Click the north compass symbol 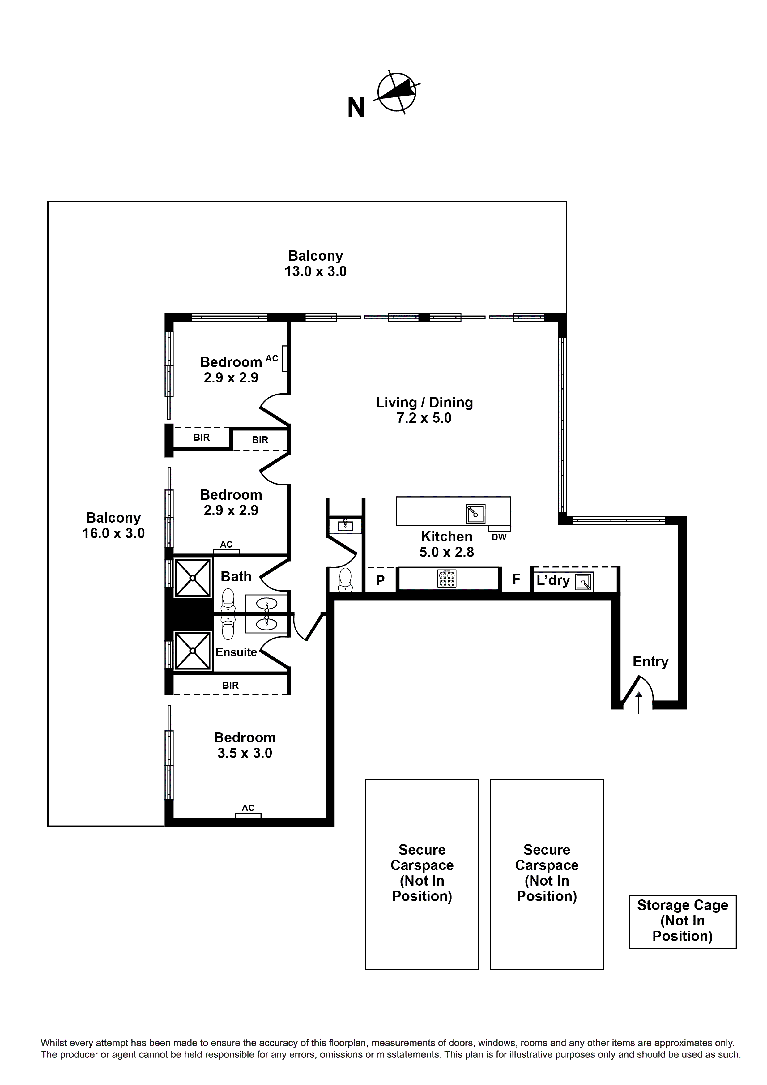[x=397, y=93]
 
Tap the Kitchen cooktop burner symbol [x=447, y=579]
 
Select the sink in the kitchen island [x=475, y=514]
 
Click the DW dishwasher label [x=499, y=537]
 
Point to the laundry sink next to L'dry [x=584, y=582]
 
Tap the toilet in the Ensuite [x=228, y=628]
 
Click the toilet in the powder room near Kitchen [x=345, y=579]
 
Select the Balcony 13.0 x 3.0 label [x=315, y=264]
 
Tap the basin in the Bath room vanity [x=266, y=604]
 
